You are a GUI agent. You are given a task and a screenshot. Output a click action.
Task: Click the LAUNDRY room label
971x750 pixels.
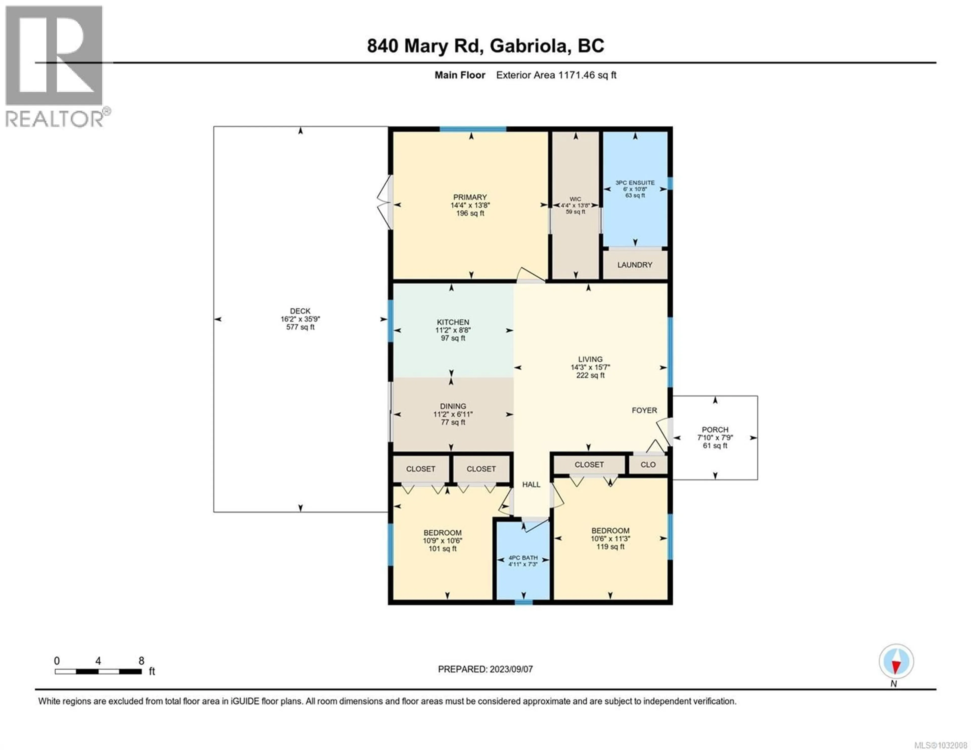tap(634, 265)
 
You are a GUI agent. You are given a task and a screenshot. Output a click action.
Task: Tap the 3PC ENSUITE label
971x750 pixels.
tap(635, 183)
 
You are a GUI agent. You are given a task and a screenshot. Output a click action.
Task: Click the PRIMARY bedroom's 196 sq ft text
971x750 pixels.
tap(470, 213)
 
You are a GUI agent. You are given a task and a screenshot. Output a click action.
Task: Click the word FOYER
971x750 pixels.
tap(644, 410)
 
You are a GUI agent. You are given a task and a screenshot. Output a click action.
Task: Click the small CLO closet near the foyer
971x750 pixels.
tap(648, 465)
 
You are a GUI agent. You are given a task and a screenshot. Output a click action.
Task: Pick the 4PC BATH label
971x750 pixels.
tap(523, 557)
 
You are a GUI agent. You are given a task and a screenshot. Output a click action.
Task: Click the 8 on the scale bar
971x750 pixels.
tap(141, 661)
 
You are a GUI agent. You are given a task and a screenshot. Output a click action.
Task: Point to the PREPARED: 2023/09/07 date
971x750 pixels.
tap(485, 669)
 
